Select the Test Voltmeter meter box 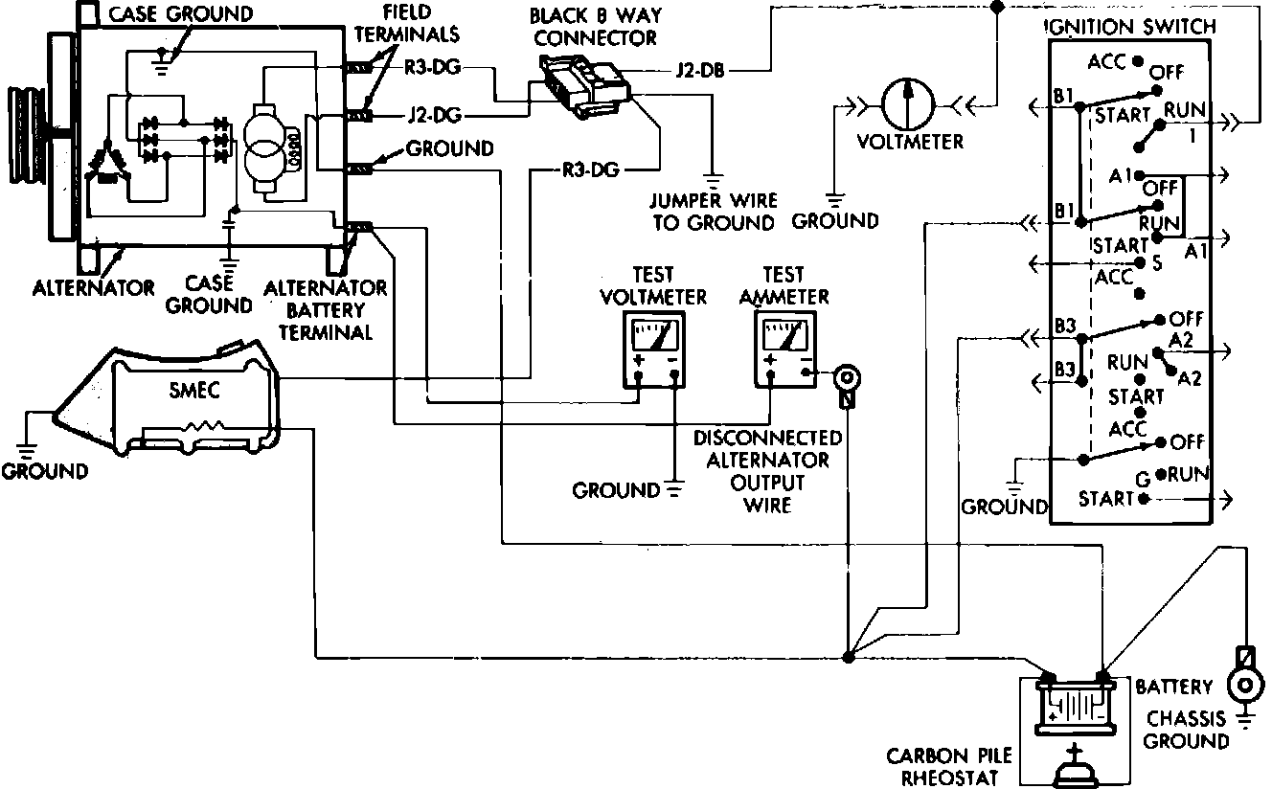click(654, 349)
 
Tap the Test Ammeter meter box click(785, 349)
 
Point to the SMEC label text click(194, 390)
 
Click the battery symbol click(1075, 706)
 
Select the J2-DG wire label click(435, 116)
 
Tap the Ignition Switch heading click(1130, 27)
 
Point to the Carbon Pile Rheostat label click(949, 766)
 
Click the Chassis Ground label click(1186, 730)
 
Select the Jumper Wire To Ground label click(714, 212)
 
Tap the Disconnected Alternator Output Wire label click(768, 471)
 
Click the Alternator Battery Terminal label click(326, 310)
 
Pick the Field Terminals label click(406, 24)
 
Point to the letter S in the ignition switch click(1157, 262)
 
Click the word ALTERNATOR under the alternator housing click(94, 288)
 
